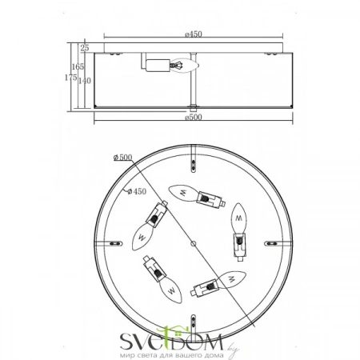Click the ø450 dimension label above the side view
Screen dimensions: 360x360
click(192, 34)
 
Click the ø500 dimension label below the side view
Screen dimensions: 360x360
click(193, 117)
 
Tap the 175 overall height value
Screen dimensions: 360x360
click(69, 78)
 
